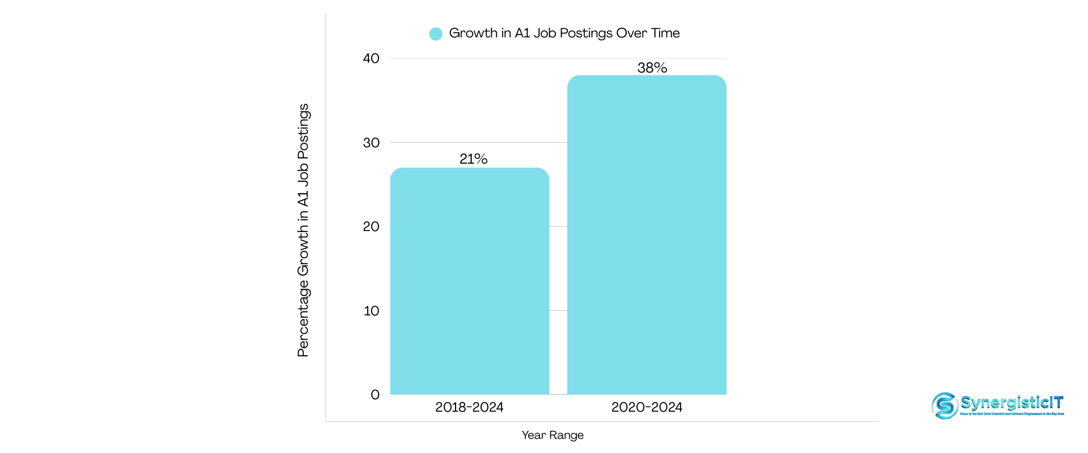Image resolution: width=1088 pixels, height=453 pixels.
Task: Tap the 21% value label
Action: pyautogui.click(x=473, y=159)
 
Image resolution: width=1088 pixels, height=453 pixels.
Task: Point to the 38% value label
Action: pyautogui.click(x=652, y=68)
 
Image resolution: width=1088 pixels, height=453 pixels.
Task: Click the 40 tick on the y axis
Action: pyautogui.click(x=371, y=58)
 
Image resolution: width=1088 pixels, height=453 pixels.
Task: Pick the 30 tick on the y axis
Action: pyautogui.click(x=371, y=143)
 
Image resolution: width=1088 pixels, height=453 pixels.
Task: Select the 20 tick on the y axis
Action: pyautogui.click(x=371, y=226)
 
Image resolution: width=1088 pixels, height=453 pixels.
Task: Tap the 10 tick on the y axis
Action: pyautogui.click(x=371, y=311)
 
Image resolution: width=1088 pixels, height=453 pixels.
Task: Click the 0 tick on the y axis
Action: pyautogui.click(x=375, y=395)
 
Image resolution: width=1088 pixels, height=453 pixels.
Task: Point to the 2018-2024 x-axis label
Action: pyautogui.click(x=469, y=407)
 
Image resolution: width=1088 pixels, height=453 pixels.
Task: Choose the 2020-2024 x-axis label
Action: pyautogui.click(x=647, y=407)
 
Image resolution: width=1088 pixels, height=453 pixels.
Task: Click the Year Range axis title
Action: pyautogui.click(x=552, y=435)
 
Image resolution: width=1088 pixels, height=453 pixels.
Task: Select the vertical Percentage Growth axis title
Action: pyautogui.click(x=304, y=230)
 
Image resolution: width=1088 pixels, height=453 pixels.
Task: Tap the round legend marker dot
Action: pyautogui.click(x=436, y=34)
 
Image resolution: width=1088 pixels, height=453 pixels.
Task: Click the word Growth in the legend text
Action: pyautogui.click(x=473, y=33)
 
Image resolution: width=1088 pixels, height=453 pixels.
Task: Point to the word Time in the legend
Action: pyautogui.click(x=665, y=33)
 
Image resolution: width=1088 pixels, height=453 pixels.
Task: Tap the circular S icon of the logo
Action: pyautogui.click(x=945, y=405)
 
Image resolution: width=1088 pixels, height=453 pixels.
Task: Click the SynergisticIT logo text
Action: pyautogui.click(x=1012, y=403)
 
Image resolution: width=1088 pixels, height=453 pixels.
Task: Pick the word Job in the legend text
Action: pyautogui.click(x=545, y=33)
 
